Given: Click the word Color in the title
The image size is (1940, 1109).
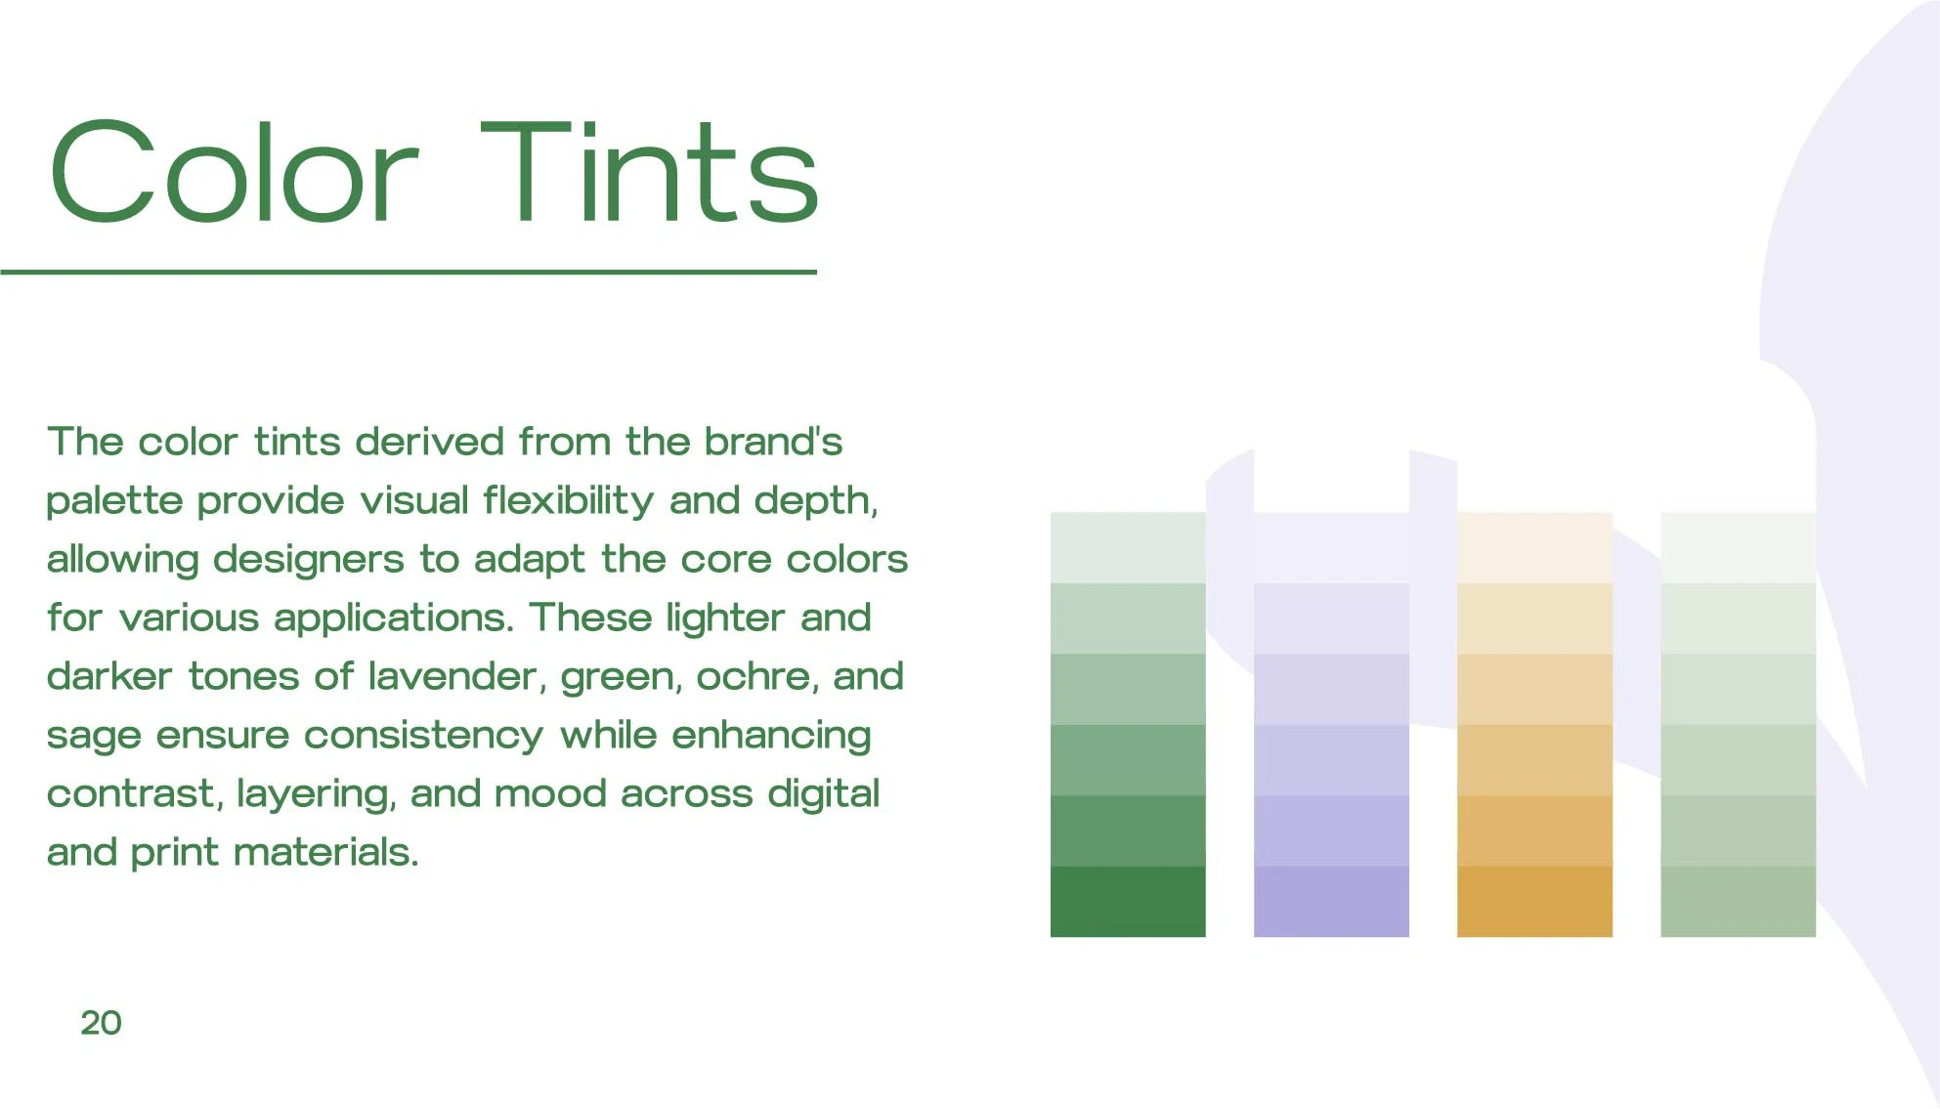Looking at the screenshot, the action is (x=235, y=172).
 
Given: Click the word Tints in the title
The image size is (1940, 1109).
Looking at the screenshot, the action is (x=649, y=172).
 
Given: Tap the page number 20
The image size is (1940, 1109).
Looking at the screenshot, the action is (x=101, y=1023).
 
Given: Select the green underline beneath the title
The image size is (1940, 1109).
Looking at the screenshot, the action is (x=409, y=272).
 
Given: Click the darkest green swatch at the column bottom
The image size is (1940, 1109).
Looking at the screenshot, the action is (x=1128, y=902).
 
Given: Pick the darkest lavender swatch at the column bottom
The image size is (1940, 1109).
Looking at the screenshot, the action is (x=1331, y=902).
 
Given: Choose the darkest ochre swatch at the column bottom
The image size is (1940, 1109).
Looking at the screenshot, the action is (x=1534, y=902).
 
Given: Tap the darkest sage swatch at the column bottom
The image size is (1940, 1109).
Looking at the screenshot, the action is (x=1738, y=902).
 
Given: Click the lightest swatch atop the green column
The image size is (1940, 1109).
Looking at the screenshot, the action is (x=1128, y=547).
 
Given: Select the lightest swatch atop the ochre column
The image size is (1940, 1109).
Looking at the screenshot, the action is (x=1534, y=547).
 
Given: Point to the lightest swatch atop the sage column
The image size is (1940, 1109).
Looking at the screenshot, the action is (x=1738, y=547).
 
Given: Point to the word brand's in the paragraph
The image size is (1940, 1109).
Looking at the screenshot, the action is (x=773, y=442).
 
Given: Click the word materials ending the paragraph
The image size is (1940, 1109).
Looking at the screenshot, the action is (x=326, y=852).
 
